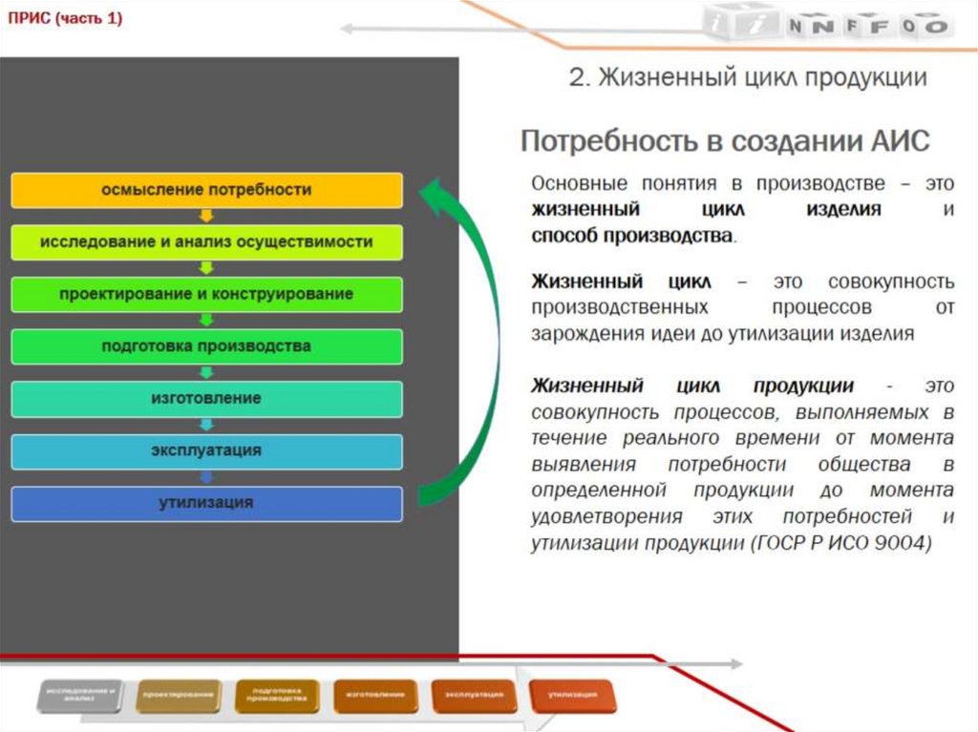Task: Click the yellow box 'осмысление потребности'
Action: click(x=206, y=190)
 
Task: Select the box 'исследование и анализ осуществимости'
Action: click(x=206, y=242)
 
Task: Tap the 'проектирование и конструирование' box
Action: click(x=206, y=294)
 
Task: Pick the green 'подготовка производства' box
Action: click(x=206, y=346)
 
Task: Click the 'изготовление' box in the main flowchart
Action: click(x=206, y=398)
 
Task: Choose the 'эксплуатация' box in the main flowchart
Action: click(x=206, y=450)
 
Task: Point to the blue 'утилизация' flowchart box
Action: click(x=206, y=503)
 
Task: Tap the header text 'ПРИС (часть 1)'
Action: click(x=66, y=19)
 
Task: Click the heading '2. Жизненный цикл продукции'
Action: click(x=748, y=78)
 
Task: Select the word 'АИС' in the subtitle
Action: click(x=899, y=142)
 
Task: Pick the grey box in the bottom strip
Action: click(x=82, y=696)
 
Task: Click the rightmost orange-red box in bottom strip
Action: click(x=573, y=696)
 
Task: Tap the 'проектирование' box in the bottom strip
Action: click(x=179, y=696)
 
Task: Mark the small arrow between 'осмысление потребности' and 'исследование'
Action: click(x=206, y=217)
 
